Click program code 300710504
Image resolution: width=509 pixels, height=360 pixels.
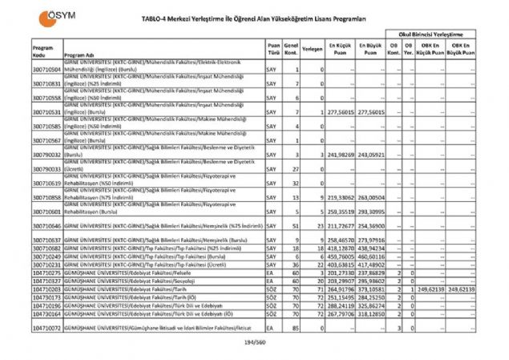click(x=47, y=71)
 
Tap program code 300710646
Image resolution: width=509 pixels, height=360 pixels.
click(x=47, y=228)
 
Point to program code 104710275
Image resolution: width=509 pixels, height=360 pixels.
click(x=47, y=273)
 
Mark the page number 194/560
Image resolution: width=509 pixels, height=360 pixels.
click(x=254, y=343)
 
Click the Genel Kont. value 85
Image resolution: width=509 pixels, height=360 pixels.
click(x=296, y=327)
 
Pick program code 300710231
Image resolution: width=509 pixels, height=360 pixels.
click(x=47, y=265)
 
